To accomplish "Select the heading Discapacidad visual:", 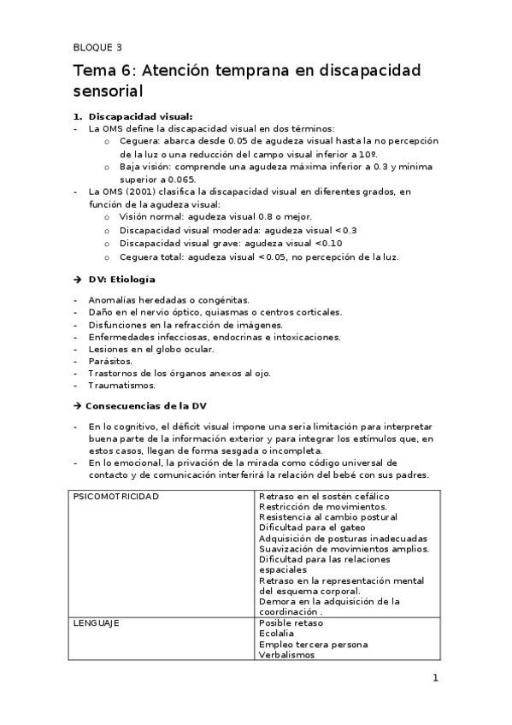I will [x=141, y=116].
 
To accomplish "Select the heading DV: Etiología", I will [x=121, y=280].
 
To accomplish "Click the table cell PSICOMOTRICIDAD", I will [x=115, y=496].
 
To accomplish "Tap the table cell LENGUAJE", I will [x=95, y=623].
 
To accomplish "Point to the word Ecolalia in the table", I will [x=276, y=634].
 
